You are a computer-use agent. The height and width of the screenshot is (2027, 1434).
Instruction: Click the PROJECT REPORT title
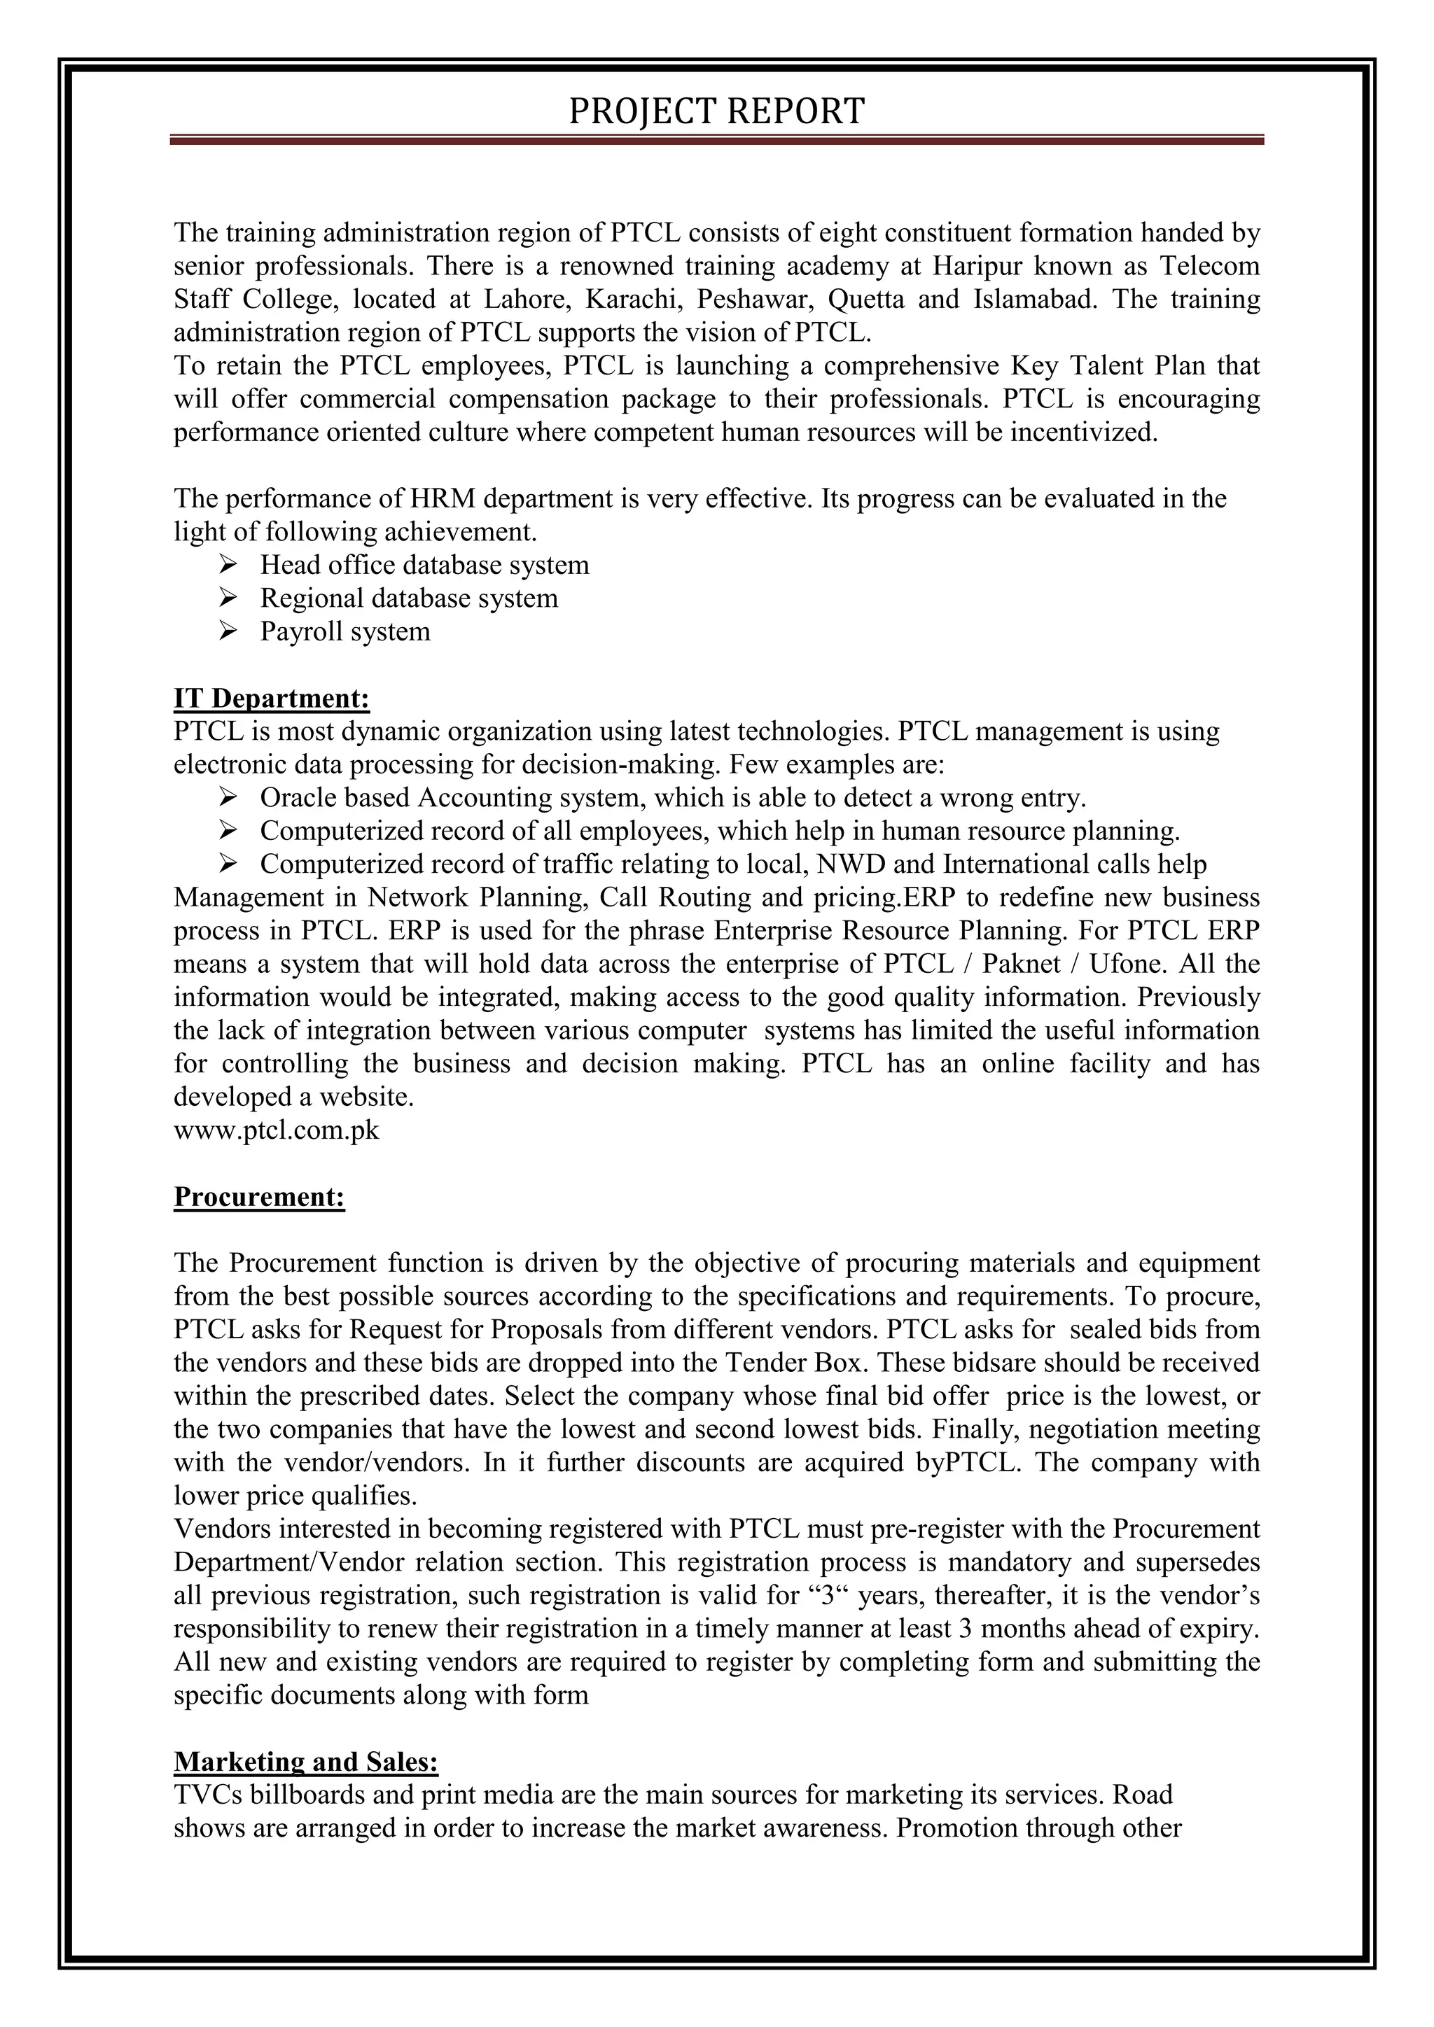[x=716, y=112]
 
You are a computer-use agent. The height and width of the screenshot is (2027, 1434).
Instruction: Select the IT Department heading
[x=271, y=699]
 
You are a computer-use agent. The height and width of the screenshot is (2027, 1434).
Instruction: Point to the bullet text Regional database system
[x=409, y=598]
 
